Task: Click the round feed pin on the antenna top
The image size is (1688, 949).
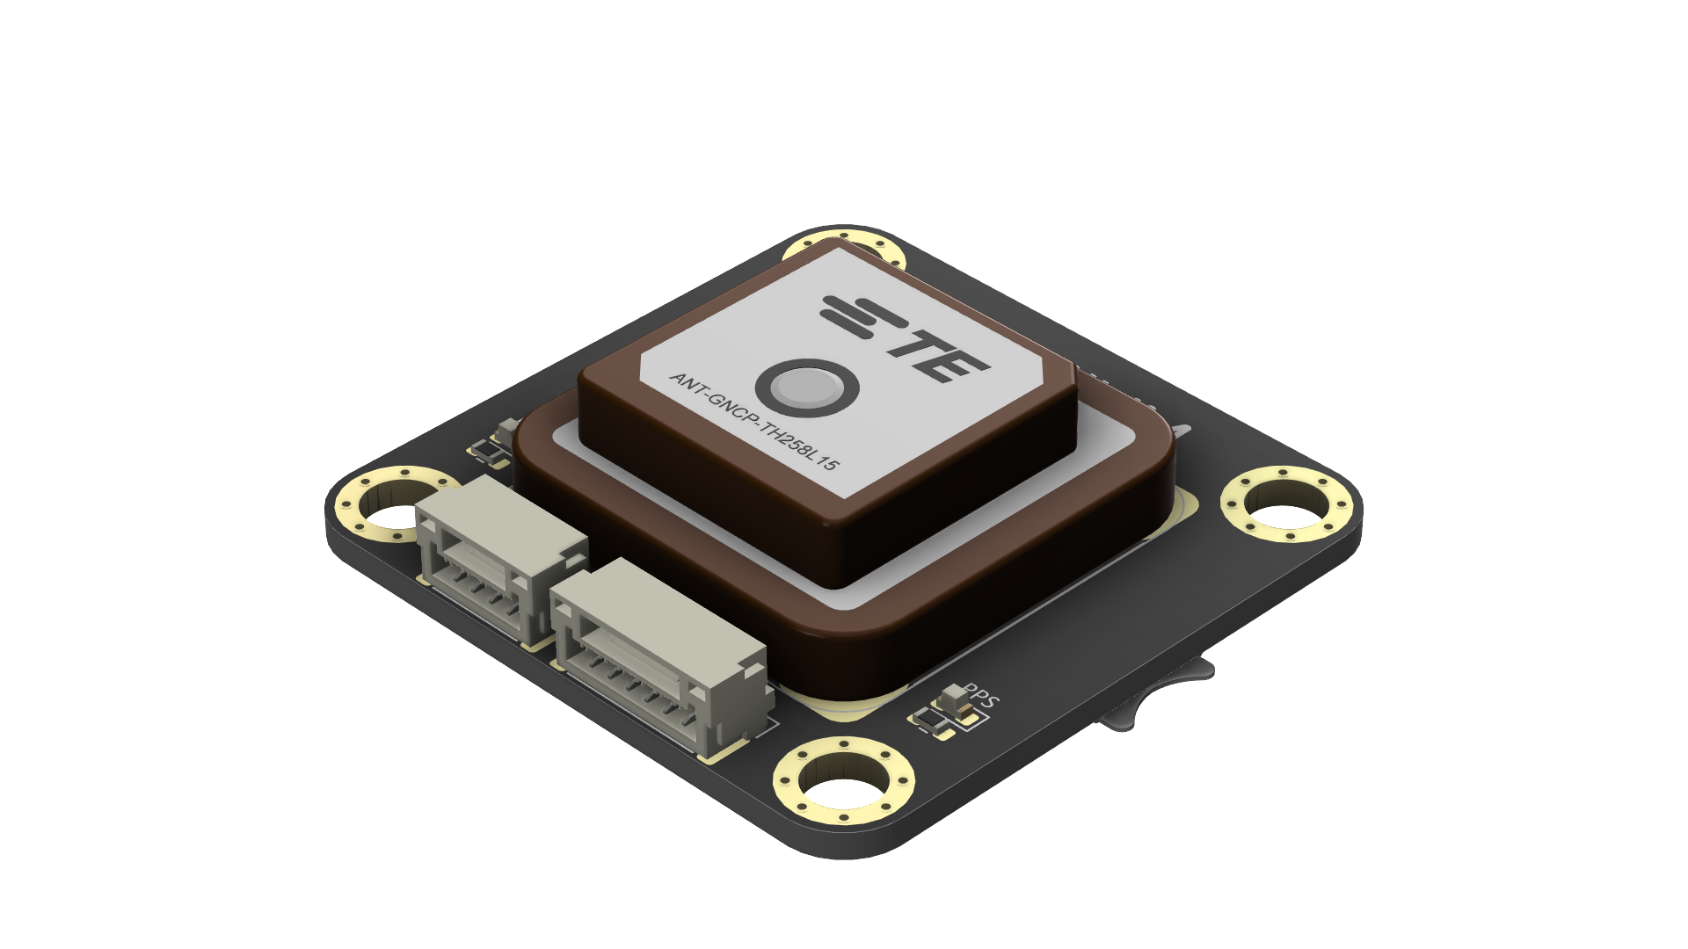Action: [x=806, y=388]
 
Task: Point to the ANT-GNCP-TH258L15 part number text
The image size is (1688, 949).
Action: [x=753, y=421]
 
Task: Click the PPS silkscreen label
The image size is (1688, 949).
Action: [x=980, y=696]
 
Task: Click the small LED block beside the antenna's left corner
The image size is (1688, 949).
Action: [x=507, y=430]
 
